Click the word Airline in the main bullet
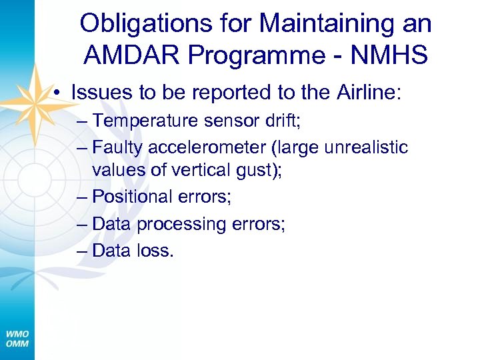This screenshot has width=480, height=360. click(x=365, y=92)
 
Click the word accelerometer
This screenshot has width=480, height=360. click(x=205, y=147)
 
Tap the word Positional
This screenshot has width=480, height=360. click(x=133, y=197)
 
